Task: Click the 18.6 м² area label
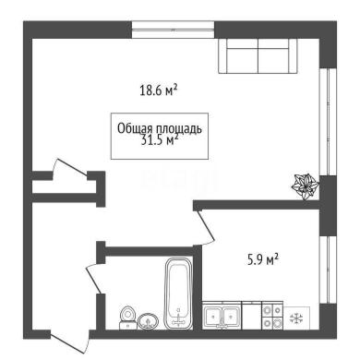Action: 159,90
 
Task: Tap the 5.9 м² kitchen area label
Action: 263,259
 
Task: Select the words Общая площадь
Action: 160,128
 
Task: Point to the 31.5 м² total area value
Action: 160,140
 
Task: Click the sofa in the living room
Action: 258,56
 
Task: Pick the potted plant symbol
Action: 305,186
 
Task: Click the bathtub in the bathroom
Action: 178,294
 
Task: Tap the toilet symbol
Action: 127,318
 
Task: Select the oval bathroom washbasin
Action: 149,321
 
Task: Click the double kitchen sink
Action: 222,316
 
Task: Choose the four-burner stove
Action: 272,316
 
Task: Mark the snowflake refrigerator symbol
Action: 297,318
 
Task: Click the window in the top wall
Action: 174,30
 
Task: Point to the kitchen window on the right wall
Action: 328,270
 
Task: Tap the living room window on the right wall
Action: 328,122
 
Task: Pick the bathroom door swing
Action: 94,279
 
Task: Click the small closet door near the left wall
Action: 71,168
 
